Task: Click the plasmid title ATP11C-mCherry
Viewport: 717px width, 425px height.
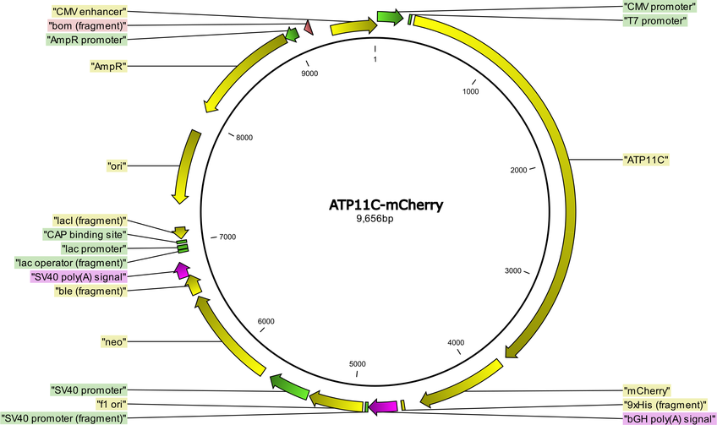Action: [x=386, y=204]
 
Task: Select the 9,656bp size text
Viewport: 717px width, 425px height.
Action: [x=375, y=219]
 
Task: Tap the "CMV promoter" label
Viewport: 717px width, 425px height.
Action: [x=660, y=7]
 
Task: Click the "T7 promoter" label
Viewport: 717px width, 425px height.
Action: [x=654, y=20]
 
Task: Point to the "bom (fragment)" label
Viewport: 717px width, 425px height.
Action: [x=87, y=25]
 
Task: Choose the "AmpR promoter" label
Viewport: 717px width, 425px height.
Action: [x=87, y=40]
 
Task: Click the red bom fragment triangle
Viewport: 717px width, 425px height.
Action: [x=309, y=27]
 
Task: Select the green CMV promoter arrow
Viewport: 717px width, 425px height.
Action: [x=390, y=17]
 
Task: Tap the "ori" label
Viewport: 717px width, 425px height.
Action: [x=117, y=166]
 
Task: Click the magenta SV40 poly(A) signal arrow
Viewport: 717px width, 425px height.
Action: [x=182, y=270]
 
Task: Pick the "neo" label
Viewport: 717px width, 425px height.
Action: [x=113, y=341]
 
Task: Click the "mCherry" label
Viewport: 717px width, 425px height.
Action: [x=647, y=390]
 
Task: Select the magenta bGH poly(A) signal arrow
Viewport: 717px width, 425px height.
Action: [x=383, y=406]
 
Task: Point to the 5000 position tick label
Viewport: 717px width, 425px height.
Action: [x=357, y=364]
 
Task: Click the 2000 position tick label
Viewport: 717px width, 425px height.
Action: [x=518, y=171]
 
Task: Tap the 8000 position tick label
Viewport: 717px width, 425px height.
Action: [x=244, y=138]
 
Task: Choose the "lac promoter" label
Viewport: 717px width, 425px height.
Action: [x=94, y=248]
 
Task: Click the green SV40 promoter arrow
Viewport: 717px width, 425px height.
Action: [x=289, y=387]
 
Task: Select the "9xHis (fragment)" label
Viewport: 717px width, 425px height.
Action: [x=665, y=405]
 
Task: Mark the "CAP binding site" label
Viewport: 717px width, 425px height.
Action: [x=85, y=234]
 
